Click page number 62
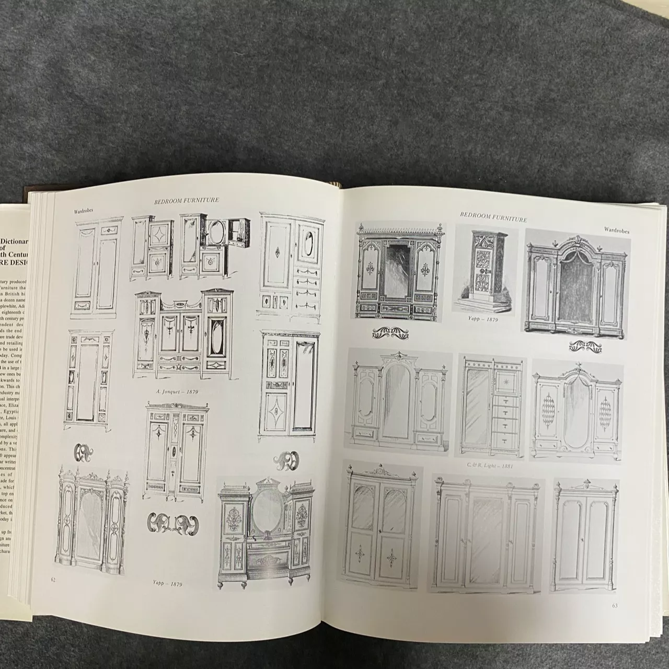tap(53, 579)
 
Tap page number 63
tap(615, 606)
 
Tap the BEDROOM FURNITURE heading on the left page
tap(187, 200)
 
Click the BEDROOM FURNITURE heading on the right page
tap(493, 217)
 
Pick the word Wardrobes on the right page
tap(616, 229)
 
